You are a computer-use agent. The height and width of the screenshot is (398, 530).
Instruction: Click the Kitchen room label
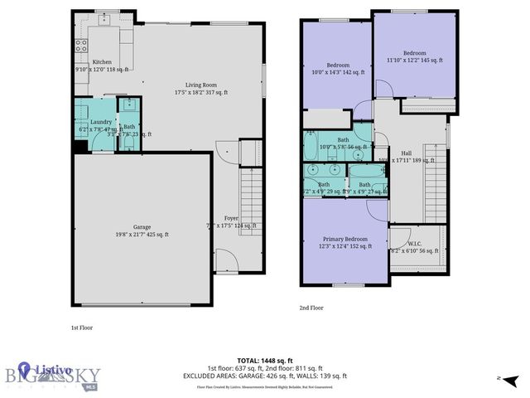[x=102, y=62]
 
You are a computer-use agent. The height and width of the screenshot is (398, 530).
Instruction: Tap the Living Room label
[x=196, y=85]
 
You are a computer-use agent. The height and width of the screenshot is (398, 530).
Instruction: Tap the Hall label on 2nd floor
[x=407, y=153]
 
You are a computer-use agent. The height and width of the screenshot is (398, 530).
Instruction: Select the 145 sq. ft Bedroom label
[x=415, y=53]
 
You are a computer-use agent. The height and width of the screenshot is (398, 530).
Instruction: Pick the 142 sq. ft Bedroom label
[x=338, y=66]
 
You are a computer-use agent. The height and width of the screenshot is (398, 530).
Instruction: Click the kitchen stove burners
[x=82, y=46]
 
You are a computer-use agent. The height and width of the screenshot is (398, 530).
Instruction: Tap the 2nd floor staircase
[x=436, y=191]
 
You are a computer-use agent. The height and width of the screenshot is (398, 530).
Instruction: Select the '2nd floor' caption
[x=311, y=308]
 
